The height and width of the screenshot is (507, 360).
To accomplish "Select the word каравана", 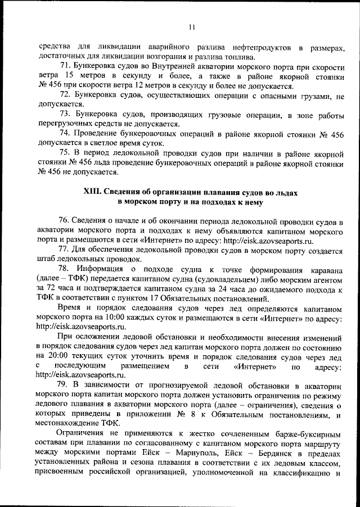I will pos(325,269).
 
